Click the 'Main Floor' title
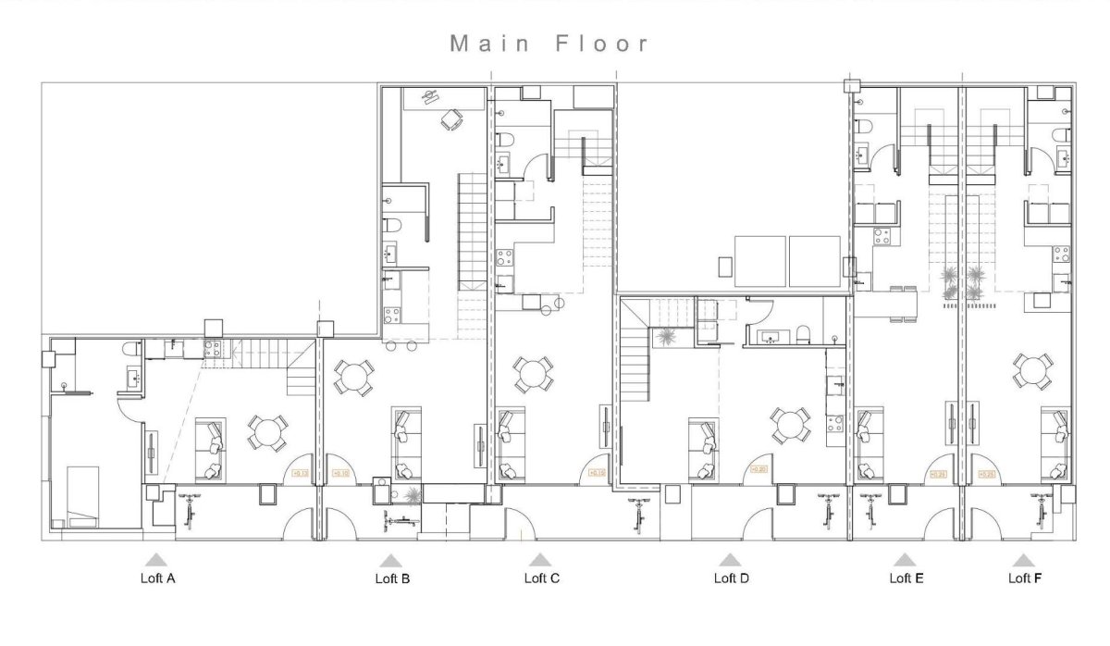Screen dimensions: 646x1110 tap(549, 43)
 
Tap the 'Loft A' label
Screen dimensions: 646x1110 tap(157, 578)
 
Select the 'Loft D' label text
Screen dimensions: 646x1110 tap(731, 578)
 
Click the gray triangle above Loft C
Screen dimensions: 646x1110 tap(540, 560)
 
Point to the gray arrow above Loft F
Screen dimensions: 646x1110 tap(1023, 560)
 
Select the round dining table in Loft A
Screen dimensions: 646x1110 tap(266, 432)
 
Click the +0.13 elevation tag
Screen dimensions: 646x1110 tap(300, 474)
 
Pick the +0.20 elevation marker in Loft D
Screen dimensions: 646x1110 tap(760, 469)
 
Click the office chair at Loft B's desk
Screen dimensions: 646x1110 tap(450, 119)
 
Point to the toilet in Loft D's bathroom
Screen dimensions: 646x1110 tap(804, 334)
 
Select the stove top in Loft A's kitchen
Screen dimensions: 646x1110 tap(211, 348)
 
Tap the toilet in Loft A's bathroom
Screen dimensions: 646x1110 tap(130, 349)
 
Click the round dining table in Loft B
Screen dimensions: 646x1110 tap(353, 378)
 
